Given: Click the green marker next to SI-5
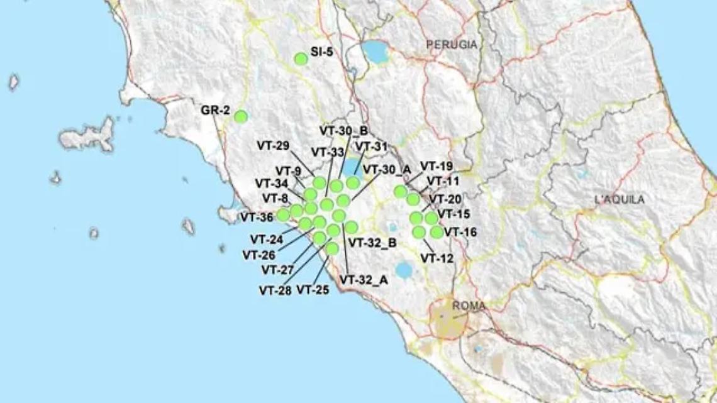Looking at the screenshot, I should [301, 59].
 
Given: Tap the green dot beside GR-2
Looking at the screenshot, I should [240, 116].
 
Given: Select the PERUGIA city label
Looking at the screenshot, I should [451, 45].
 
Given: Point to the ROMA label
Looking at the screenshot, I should [469, 306].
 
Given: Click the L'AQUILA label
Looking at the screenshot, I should [620, 200].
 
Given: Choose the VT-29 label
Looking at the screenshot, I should [273, 146].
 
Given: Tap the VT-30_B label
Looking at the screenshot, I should [343, 131].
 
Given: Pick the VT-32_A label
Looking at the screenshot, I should [363, 280].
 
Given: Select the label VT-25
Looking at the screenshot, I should [313, 290].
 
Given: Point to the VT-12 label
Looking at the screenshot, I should [437, 257].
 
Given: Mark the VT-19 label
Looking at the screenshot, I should [436, 167].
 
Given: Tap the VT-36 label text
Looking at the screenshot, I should [257, 218].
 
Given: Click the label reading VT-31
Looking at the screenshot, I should [372, 146].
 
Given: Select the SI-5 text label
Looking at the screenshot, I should [322, 52].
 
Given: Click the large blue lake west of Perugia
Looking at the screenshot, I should [377, 52].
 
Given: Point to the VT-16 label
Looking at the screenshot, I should [460, 232].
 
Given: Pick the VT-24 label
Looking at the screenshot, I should [266, 239].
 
